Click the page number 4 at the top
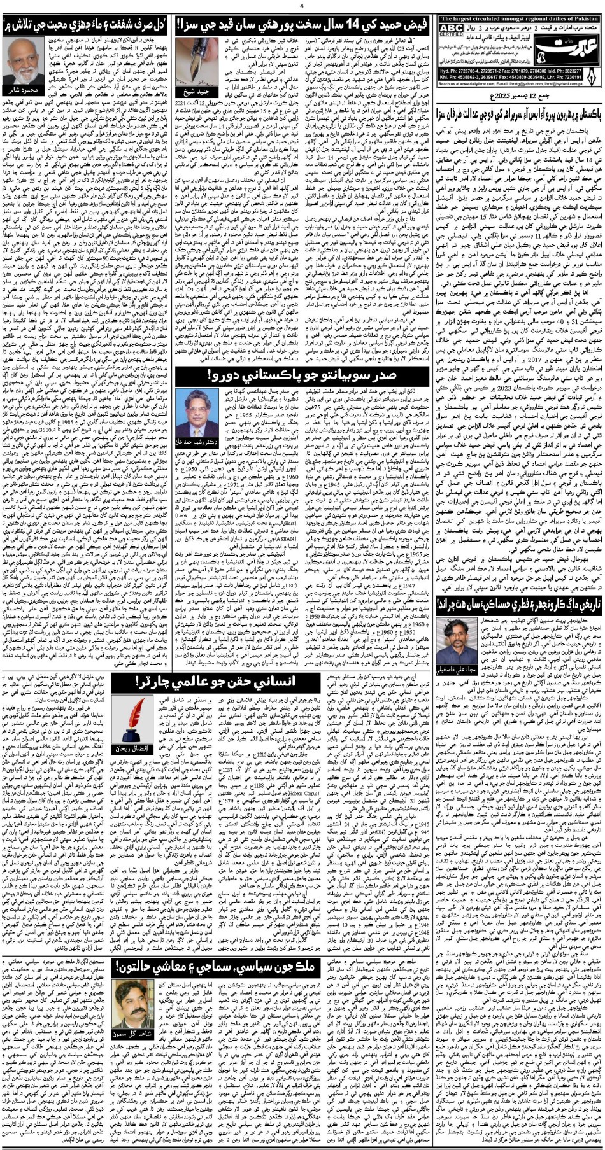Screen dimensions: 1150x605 coord(302,5)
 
